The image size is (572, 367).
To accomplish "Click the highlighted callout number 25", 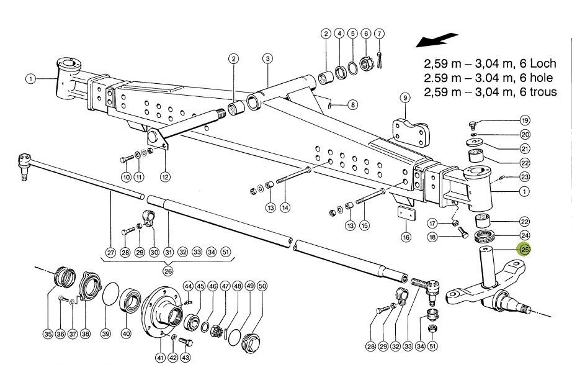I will [x=525, y=250].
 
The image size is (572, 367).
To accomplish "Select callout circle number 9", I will [x=404, y=98].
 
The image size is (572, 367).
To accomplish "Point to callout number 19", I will [x=525, y=120].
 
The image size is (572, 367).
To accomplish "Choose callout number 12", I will [x=165, y=176].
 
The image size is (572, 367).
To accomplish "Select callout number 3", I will [x=267, y=59].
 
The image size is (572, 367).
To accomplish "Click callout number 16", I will [x=406, y=237].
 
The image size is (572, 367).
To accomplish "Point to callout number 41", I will [x=161, y=358].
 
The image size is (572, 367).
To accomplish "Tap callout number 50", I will [x=262, y=286].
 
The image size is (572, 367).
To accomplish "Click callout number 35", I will [x=48, y=334].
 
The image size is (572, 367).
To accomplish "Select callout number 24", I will [x=525, y=235].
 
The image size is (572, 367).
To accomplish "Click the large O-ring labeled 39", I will [x=110, y=295].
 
